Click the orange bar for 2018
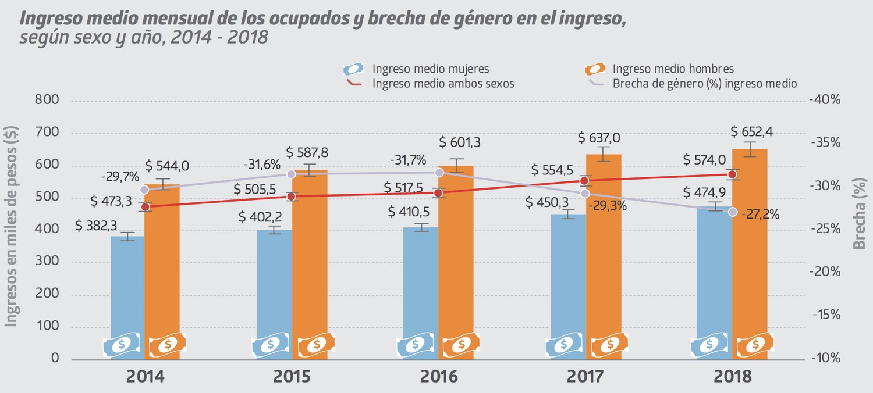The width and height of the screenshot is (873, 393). pos(750,254)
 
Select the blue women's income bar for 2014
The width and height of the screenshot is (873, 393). pos(127,298)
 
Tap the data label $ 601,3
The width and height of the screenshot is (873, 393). pos(460,142)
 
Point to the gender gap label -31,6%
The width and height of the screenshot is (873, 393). pos(262,165)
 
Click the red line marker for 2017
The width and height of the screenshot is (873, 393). pos(584,181)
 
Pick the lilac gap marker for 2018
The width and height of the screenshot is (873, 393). pos(733,212)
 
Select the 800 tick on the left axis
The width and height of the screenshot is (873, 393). pos(47,100)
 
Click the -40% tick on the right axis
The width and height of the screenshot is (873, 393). pos(825,100)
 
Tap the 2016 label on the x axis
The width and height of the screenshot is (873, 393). pos(438,377)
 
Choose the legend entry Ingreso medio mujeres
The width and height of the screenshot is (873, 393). pos(416,69)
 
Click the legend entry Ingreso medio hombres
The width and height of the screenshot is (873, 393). pos(659,69)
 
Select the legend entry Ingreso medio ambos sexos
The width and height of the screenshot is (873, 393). pos(431,83)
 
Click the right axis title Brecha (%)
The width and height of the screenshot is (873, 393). pos(858,213)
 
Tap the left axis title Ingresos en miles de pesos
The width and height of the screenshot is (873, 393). pos(11,226)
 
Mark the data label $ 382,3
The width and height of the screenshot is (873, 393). pos(96,226)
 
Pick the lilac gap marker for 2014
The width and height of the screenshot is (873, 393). pos(144,190)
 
